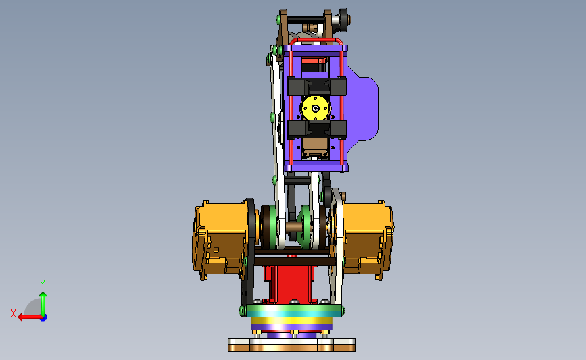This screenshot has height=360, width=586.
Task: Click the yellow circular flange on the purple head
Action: point(316,108)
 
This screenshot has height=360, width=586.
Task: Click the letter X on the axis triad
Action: point(14,313)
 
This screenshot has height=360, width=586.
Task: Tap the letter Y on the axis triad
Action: point(42,284)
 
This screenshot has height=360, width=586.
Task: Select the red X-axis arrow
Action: point(30,317)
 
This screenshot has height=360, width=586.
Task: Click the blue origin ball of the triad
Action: point(44,317)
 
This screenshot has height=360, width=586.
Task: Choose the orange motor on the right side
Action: point(367,240)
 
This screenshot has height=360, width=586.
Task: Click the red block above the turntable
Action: point(290,284)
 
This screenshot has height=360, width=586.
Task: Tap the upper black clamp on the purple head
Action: point(317,86)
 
